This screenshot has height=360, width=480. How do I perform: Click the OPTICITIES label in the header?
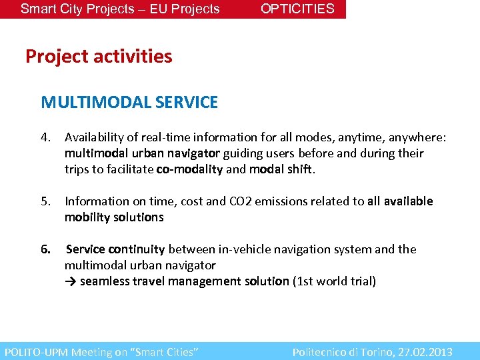click(297, 9)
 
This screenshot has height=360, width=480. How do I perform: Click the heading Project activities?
click(99, 57)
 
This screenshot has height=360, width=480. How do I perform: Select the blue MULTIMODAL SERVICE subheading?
click(129, 102)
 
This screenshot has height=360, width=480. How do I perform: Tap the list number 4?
click(45, 137)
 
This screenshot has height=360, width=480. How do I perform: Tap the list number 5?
click(45, 201)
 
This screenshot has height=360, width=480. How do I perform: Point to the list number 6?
click(45, 249)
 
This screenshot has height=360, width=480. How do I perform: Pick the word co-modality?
click(189, 169)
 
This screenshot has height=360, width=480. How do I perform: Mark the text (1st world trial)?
click(334, 281)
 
